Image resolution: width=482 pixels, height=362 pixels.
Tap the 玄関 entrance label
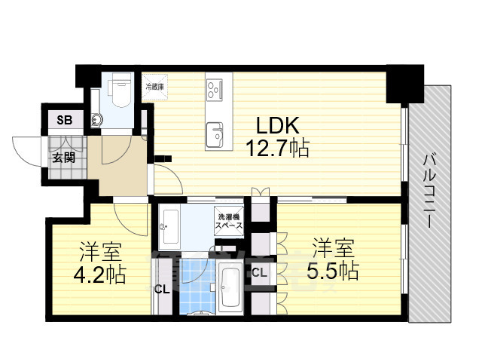coord(63,158)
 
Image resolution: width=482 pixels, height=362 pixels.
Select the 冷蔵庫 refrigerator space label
coord(155,87)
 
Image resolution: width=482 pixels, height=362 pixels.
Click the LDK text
coord(276,124)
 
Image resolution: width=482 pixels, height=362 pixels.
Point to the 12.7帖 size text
coord(276,148)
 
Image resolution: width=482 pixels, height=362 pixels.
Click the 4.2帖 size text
coord(100,273)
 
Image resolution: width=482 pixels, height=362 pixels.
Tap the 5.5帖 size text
coord(331,268)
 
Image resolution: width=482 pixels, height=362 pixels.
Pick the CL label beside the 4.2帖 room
coord(162,288)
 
